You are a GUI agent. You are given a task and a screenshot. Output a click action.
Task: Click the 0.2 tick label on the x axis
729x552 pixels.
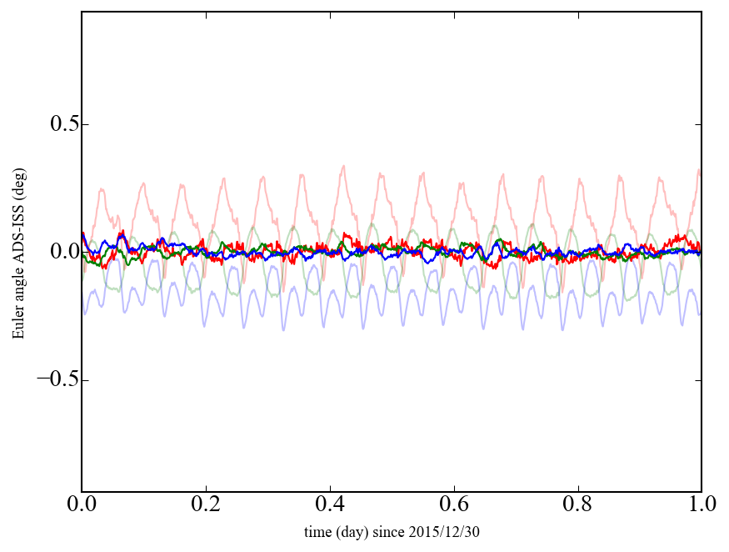point(206,505)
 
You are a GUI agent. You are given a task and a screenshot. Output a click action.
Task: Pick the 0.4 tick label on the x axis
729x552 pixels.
point(330,505)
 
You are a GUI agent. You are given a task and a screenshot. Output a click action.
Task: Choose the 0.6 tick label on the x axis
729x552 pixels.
point(454,505)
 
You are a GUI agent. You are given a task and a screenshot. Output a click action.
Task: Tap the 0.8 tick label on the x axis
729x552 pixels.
point(577,505)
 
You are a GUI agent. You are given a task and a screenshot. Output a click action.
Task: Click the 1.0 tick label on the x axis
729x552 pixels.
point(701,505)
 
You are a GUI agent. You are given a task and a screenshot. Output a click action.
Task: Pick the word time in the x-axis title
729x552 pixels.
point(317,531)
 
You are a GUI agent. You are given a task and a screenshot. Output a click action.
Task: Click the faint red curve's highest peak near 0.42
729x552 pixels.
point(343,166)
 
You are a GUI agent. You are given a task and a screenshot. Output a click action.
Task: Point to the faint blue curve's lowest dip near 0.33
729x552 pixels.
point(283,329)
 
